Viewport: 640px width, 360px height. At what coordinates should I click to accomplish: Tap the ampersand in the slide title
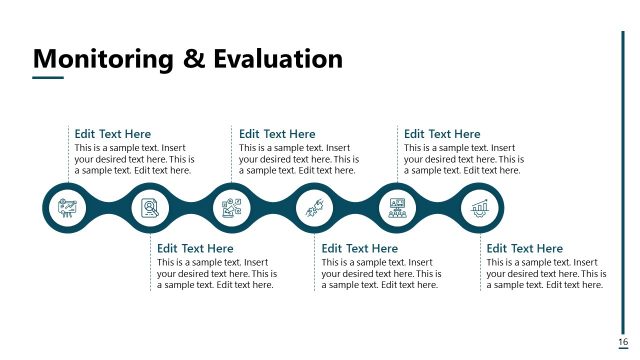click(x=194, y=59)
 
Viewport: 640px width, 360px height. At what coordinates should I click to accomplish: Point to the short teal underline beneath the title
click(x=48, y=78)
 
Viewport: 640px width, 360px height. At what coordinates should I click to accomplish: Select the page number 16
click(x=623, y=343)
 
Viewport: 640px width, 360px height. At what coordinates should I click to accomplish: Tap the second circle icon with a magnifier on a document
click(x=150, y=208)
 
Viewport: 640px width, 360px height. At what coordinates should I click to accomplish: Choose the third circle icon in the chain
click(x=232, y=208)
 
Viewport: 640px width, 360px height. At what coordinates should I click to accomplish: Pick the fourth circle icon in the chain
click(x=314, y=208)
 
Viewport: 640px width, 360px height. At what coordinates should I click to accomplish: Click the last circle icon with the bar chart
click(x=479, y=208)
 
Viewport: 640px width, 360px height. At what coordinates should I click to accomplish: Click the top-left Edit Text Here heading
click(x=113, y=134)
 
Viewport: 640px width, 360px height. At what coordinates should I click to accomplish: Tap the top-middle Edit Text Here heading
click(x=277, y=134)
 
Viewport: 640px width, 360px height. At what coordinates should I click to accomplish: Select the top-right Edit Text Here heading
click(x=442, y=134)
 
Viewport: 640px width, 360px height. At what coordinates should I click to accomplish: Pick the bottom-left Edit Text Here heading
click(x=195, y=248)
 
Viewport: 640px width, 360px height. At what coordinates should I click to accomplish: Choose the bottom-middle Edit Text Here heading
click(x=360, y=248)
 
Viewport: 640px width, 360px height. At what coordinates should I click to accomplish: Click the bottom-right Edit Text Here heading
click(x=524, y=248)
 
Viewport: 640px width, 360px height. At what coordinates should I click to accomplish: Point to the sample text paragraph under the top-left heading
click(x=134, y=159)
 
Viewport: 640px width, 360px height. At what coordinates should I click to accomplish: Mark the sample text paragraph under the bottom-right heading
click(x=546, y=273)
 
